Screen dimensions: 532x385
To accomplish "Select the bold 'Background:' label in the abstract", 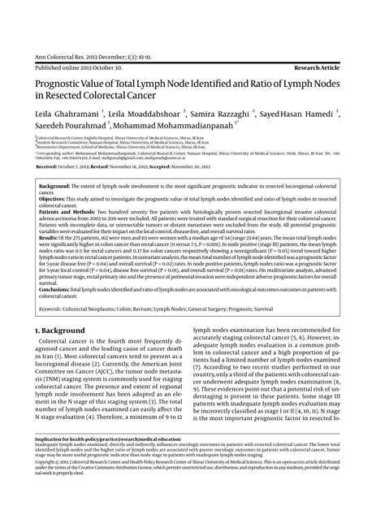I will pos(55,186).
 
